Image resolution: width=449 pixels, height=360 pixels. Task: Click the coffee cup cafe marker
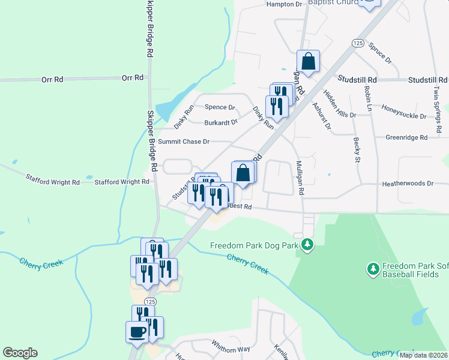click(x=137, y=331)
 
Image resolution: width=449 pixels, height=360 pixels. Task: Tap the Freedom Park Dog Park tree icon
click(x=307, y=245)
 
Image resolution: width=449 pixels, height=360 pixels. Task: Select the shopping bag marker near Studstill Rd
click(x=307, y=61)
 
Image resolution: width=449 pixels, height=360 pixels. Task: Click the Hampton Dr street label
click(x=284, y=4)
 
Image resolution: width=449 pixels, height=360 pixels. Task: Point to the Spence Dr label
click(x=220, y=107)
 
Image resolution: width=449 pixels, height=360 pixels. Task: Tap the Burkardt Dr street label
click(x=221, y=122)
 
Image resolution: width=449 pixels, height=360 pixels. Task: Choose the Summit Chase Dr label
click(x=183, y=142)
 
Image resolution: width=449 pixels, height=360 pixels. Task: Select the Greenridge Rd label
click(x=406, y=137)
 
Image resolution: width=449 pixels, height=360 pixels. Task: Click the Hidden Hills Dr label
click(x=339, y=103)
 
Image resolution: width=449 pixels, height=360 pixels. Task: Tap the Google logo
click(x=20, y=353)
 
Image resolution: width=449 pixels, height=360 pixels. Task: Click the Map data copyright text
click(x=424, y=355)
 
